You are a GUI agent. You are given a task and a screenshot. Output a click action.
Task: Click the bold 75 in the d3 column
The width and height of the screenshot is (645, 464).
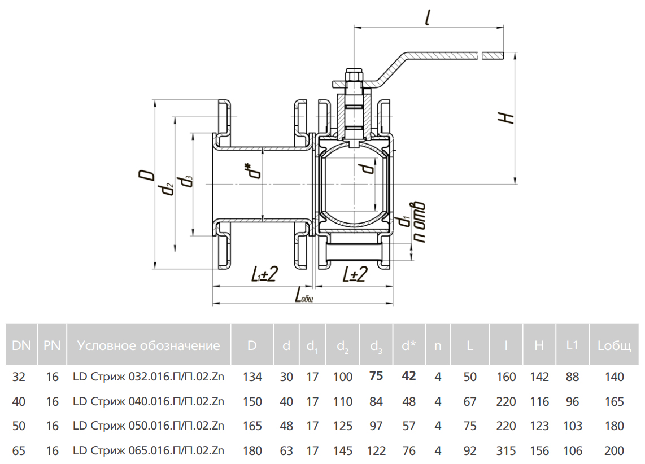coord(376,376)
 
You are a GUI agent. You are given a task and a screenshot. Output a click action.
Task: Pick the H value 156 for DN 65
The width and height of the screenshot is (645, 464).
coord(539,450)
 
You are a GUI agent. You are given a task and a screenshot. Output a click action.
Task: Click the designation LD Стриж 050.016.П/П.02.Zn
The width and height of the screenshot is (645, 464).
coord(149,426)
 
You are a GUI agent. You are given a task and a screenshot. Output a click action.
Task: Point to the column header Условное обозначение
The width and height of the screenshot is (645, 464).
coord(149,345)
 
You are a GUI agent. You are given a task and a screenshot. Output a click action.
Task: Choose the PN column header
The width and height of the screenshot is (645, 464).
coord(52,345)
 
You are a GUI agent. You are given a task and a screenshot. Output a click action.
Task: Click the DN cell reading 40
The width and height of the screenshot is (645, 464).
coord(19,401)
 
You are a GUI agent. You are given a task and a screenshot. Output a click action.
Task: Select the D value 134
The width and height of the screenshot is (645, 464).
coord(252,377)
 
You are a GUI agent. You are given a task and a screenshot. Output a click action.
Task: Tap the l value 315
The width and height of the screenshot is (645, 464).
coord(505,450)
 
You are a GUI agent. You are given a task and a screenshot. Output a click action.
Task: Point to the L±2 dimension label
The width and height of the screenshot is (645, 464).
coord(355,274)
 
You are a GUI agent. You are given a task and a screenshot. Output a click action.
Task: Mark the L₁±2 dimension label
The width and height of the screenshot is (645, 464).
coord(263,275)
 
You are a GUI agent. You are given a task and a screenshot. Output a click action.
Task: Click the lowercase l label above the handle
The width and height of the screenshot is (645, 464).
coord(429,19)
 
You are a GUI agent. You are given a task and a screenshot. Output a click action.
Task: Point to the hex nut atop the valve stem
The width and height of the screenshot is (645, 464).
coord(354,75)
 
